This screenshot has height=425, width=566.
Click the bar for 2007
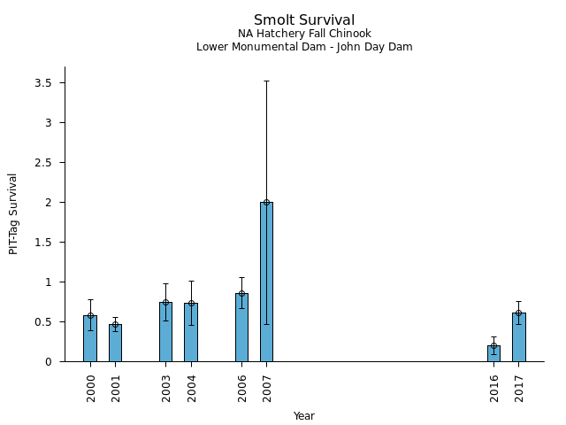(266, 282)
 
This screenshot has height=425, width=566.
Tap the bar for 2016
(493, 353)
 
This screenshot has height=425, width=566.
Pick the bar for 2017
(518, 337)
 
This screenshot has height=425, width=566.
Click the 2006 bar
(241, 328)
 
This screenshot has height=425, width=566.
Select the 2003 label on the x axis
(166, 388)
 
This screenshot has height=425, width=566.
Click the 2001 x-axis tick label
(116, 388)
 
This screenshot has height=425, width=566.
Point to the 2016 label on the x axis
(494, 388)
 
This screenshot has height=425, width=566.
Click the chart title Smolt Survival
(304, 20)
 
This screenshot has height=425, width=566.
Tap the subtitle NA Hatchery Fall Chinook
(304, 34)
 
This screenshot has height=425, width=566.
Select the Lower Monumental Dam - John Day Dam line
(304, 47)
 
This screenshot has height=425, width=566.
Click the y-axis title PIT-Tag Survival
(13, 213)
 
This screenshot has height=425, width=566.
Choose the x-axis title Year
(304, 416)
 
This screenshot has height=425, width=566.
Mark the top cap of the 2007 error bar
(266, 81)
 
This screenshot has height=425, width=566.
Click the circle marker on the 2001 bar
(115, 324)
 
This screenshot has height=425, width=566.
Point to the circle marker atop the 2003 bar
(165, 302)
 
